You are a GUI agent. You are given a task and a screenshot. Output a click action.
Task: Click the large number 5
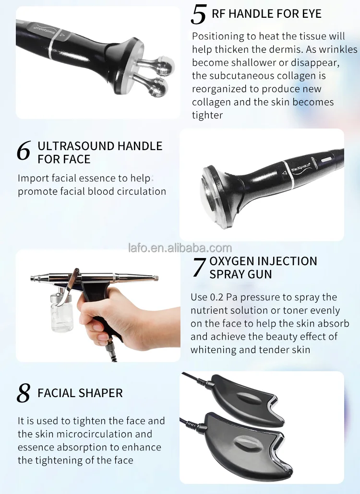tap(198, 14)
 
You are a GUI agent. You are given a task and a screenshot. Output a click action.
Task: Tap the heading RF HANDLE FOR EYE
tap(266, 14)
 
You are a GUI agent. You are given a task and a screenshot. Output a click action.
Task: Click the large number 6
tap(24, 151)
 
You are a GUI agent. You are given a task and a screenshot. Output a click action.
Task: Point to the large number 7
tap(199, 267)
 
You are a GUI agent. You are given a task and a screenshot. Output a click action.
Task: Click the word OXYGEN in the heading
tap(232, 261)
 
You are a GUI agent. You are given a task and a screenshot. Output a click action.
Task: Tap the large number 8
tap(24, 393)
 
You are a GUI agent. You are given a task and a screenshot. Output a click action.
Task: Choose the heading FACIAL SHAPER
tap(80, 393)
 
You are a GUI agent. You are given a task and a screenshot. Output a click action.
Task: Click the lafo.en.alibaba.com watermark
tap(180, 248)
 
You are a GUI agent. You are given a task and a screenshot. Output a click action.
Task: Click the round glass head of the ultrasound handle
tap(212, 196)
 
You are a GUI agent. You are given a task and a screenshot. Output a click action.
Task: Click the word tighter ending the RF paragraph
tap(207, 115)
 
